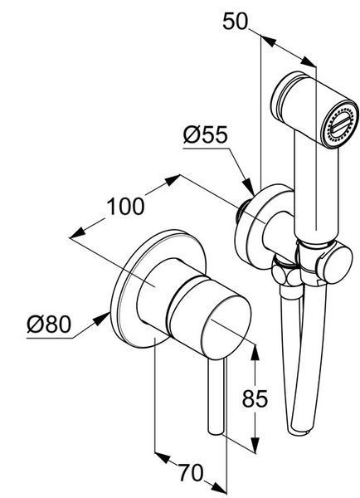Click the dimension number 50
click(235, 22)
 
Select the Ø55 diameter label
click(206, 134)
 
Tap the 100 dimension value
click(125, 207)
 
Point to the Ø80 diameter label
click(49, 325)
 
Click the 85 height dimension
click(255, 398)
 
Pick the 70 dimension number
click(190, 472)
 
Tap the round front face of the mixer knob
click(226, 327)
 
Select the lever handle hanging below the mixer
click(216, 397)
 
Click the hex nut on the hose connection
click(282, 272)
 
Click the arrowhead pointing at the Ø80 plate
click(101, 319)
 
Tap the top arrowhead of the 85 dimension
click(255, 352)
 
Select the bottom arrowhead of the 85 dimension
click(255, 444)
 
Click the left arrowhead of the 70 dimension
click(163, 457)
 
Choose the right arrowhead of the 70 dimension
click(219, 488)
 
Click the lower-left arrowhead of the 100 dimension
click(77, 232)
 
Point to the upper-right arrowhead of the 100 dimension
click(172, 180)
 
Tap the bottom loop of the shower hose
click(299, 429)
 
